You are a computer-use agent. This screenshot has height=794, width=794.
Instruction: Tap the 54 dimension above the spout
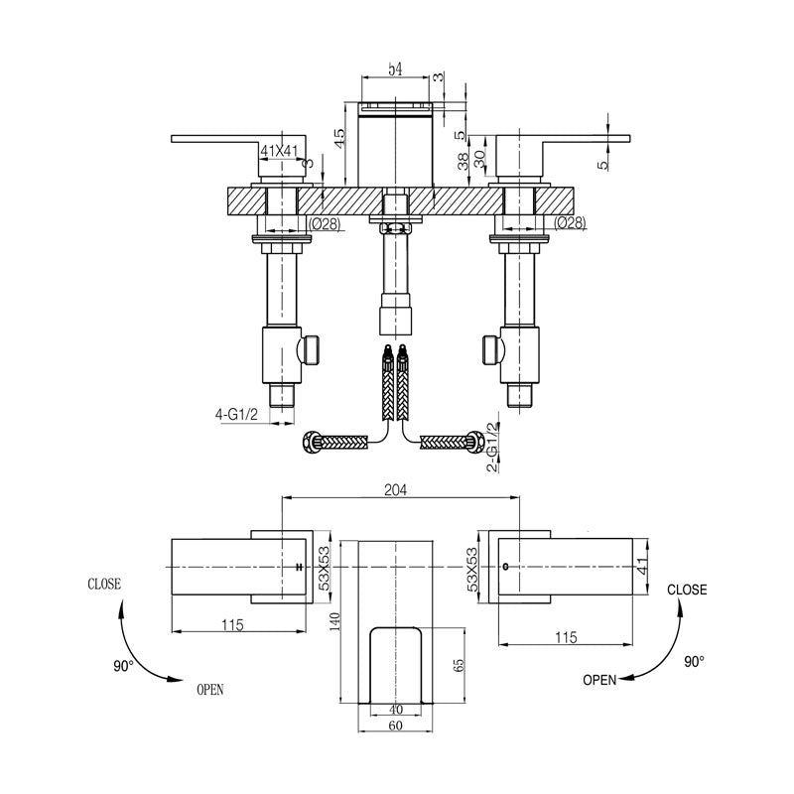[394, 68]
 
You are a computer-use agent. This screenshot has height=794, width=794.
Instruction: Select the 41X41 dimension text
[279, 151]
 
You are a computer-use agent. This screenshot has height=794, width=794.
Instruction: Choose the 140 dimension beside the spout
[335, 622]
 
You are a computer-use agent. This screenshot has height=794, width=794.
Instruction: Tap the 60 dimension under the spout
[397, 727]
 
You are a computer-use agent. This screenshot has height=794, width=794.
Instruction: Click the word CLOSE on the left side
[105, 585]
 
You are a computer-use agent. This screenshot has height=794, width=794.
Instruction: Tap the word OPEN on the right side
[599, 680]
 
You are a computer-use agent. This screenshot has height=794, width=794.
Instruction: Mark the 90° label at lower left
[122, 667]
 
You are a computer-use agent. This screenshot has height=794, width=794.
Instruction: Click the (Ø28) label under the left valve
[326, 223]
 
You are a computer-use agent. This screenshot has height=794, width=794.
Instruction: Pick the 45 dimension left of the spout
[339, 139]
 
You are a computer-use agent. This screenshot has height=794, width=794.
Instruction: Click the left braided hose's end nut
[310, 441]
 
